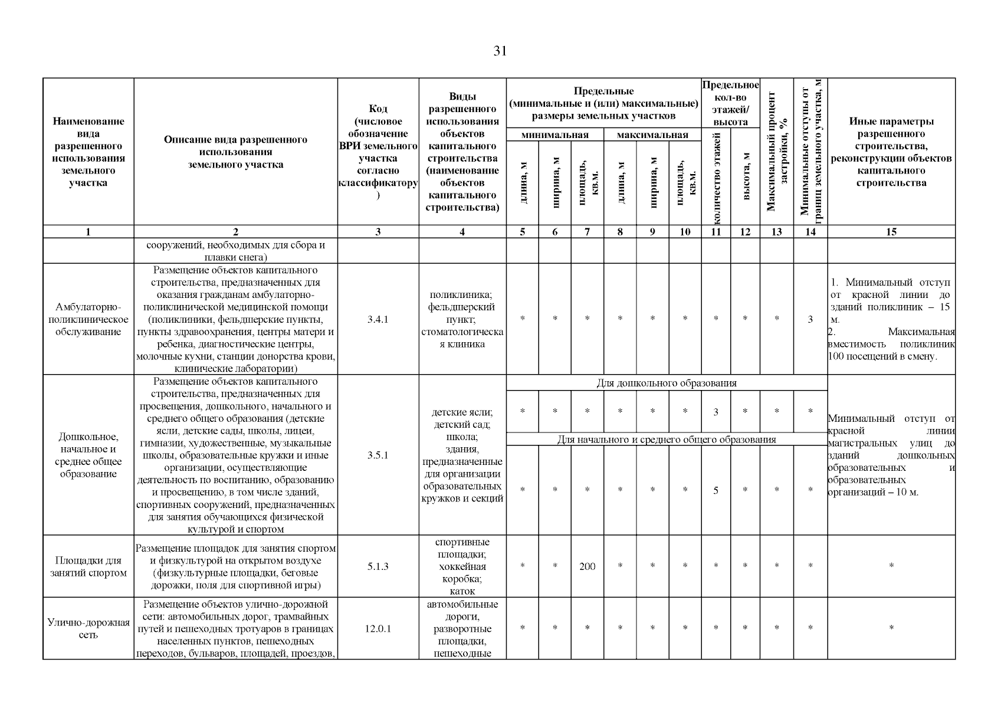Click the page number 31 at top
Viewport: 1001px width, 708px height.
(x=500, y=51)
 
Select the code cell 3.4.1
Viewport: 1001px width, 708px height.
(x=378, y=319)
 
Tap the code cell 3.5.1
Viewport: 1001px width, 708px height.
(x=378, y=455)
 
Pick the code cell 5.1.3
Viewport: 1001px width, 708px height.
(x=378, y=566)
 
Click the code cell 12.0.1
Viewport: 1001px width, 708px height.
(x=378, y=629)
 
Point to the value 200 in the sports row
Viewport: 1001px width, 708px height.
(x=587, y=566)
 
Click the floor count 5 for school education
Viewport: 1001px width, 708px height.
(x=716, y=490)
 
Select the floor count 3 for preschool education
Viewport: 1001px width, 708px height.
(x=716, y=412)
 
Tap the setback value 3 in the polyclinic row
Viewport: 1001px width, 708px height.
(x=810, y=319)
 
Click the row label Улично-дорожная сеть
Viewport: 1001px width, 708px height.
(x=88, y=629)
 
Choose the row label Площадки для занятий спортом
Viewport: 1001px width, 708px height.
(x=88, y=566)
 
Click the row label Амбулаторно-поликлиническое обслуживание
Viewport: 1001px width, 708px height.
(x=88, y=319)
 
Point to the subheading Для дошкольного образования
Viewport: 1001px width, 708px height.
(x=667, y=383)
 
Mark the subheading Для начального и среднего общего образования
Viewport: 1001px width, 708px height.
(x=667, y=440)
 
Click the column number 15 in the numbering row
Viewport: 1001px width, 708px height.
(x=891, y=232)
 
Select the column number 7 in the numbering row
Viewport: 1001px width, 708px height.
(x=587, y=232)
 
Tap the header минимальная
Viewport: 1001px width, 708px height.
(x=554, y=135)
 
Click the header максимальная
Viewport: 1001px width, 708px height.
(x=652, y=135)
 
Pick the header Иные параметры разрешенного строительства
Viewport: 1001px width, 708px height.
(x=891, y=152)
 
